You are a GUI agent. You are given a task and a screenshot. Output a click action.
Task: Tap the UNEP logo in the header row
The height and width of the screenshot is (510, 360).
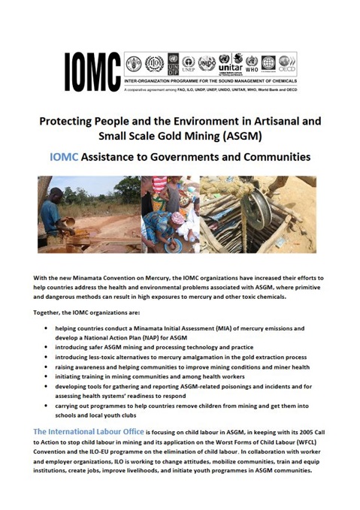point(189,63)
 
